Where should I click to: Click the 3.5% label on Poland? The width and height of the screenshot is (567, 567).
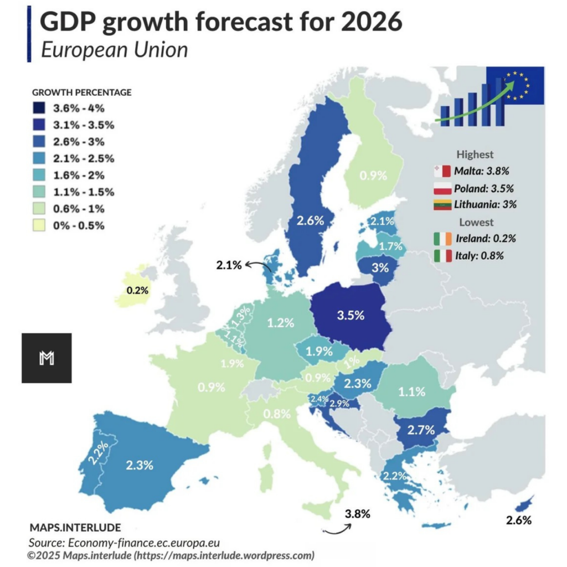click(x=351, y=316)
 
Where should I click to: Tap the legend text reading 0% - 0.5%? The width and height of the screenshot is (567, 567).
click(x=82, y=226)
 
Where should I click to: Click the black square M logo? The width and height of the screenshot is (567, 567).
click(x=47, y=358)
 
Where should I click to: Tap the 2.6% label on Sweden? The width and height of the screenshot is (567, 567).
click(x=310, y=221)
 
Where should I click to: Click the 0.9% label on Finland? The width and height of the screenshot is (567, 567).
click(x=373, y=176)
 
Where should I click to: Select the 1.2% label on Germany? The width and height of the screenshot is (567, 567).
click(x=280, y=323)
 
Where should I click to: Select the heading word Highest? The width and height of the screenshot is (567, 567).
click(x=475, y=154)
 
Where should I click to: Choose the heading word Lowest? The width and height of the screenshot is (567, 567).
click(x=475, y=223)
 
